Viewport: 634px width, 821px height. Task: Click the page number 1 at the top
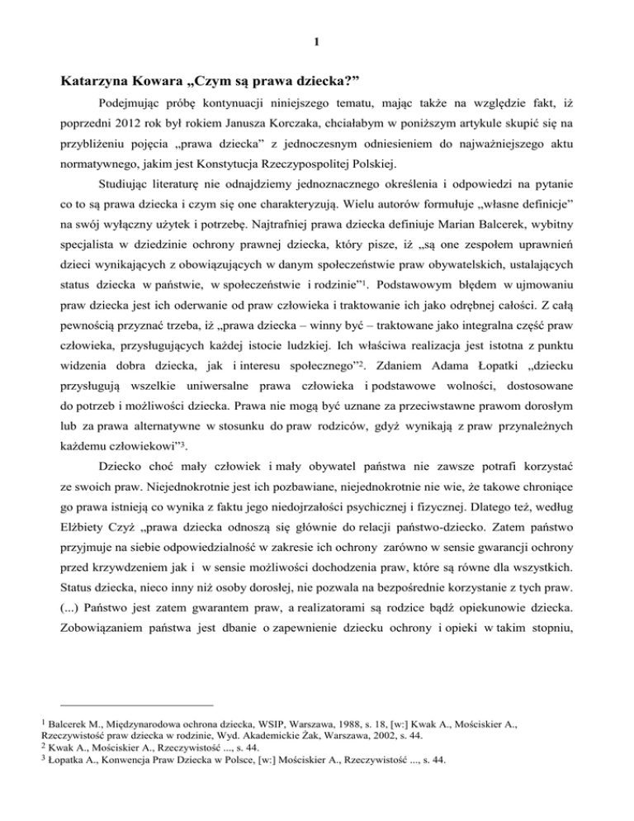pyautogui.click(x=317, y=39)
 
